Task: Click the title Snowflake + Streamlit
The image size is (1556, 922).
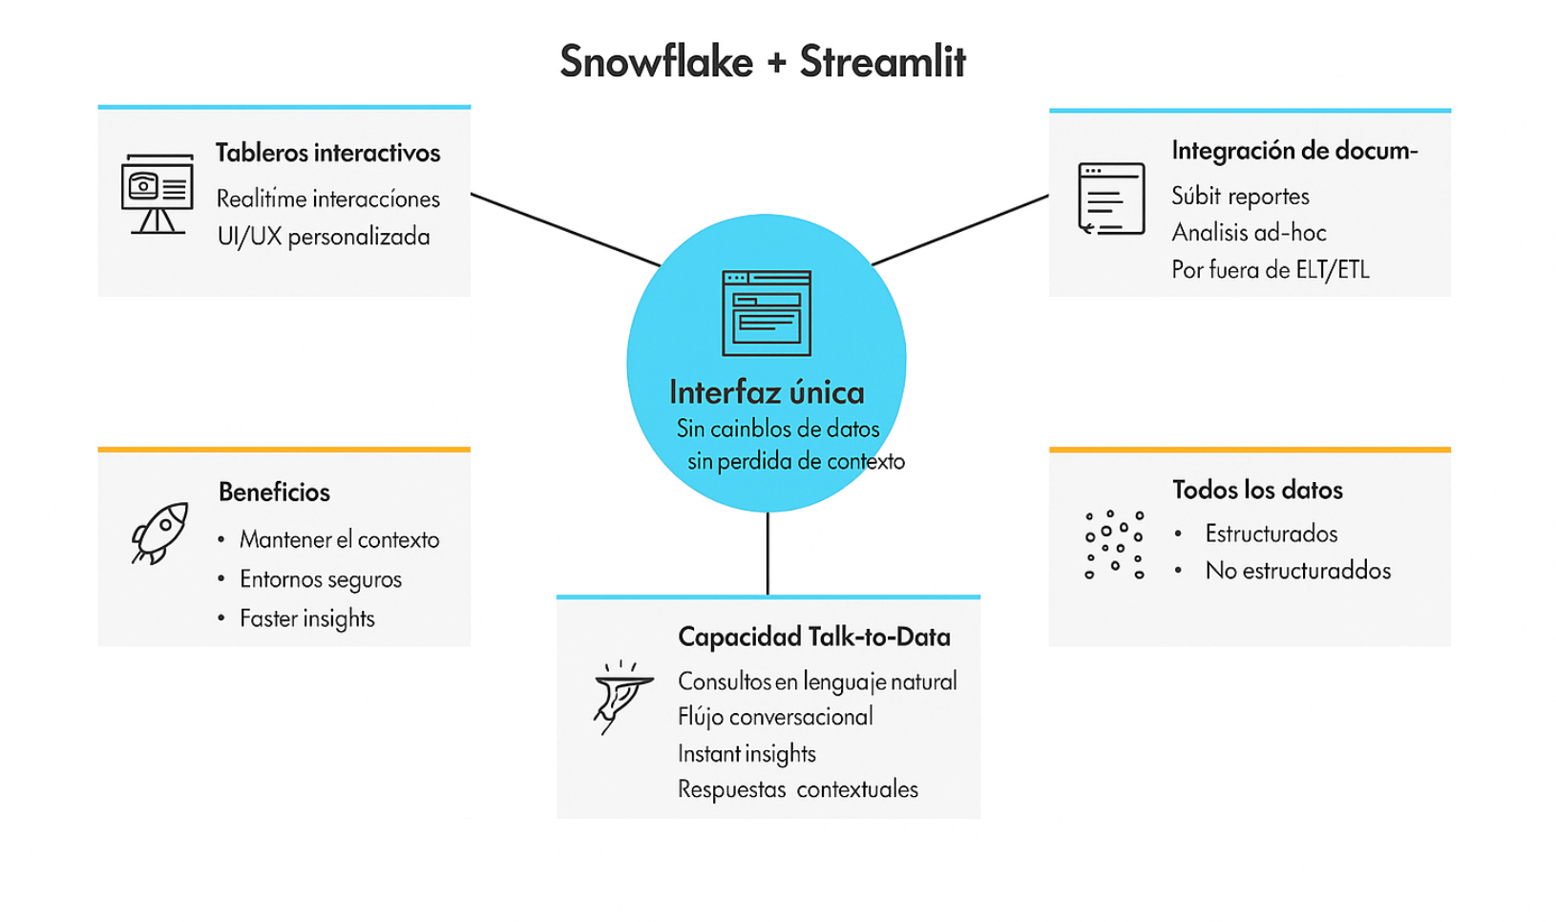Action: (762, 62)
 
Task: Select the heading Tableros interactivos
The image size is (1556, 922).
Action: (327, 153)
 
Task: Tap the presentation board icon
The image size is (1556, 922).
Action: (158, 193)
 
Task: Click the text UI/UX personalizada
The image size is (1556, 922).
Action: (324, 237)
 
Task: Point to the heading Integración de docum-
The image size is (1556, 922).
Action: (1294, 151)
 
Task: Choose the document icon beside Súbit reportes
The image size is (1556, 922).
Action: (1111, 199)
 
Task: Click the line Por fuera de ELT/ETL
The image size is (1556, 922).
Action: (1271, 270)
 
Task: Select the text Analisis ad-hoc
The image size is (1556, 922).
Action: (1249, 233)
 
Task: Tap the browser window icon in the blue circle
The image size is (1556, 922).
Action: (767, 312)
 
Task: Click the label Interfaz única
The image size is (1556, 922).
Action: (767, 392)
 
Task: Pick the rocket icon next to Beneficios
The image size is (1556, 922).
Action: (159, 533)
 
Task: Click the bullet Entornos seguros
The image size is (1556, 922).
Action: (321, 579)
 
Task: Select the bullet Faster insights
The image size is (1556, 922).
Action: (307, 618)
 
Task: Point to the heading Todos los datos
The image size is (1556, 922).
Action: (1257, 490)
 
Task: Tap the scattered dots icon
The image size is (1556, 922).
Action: (1113, 544)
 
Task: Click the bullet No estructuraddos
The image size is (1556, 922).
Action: (1298, 571)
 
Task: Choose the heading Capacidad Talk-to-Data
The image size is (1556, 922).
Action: (814, 637)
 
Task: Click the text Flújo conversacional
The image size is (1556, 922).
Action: (775, 717)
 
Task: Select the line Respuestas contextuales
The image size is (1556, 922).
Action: (798, 789)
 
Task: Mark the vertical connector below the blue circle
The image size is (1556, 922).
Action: (767, 554)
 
